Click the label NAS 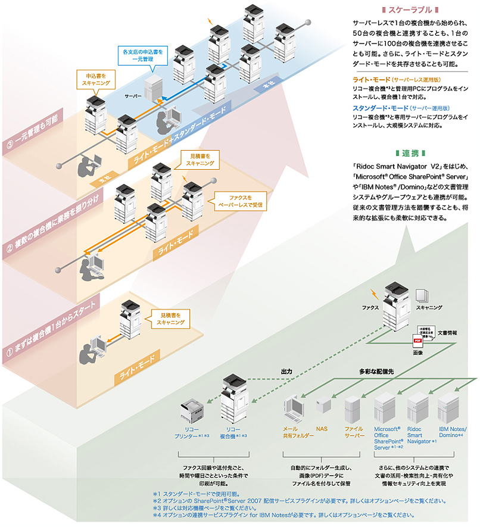pyautogui.click(x=322, y=428)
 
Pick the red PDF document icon pyautogui.click(x=417, y=341)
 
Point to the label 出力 pyautogui.click(x=287, y=371)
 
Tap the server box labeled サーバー pyautogui.click(x=153, y=88)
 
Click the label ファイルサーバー pyautogui.click(x=354, y=432)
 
